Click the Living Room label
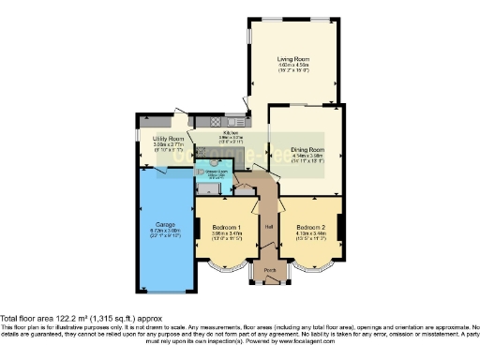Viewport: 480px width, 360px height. click(x=295, y=58)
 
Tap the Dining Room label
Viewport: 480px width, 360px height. click(x=307, y=149)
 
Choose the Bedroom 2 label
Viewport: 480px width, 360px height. click(x=310, y=228)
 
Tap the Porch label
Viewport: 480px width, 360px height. click(x=270, y=271)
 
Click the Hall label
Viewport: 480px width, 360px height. click(x=268, y=226)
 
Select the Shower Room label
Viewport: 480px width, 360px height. click(x=215, y=170)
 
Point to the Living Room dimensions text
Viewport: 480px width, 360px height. click(x=295, y=67)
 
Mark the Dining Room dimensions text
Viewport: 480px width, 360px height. click(x=307, y=158)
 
